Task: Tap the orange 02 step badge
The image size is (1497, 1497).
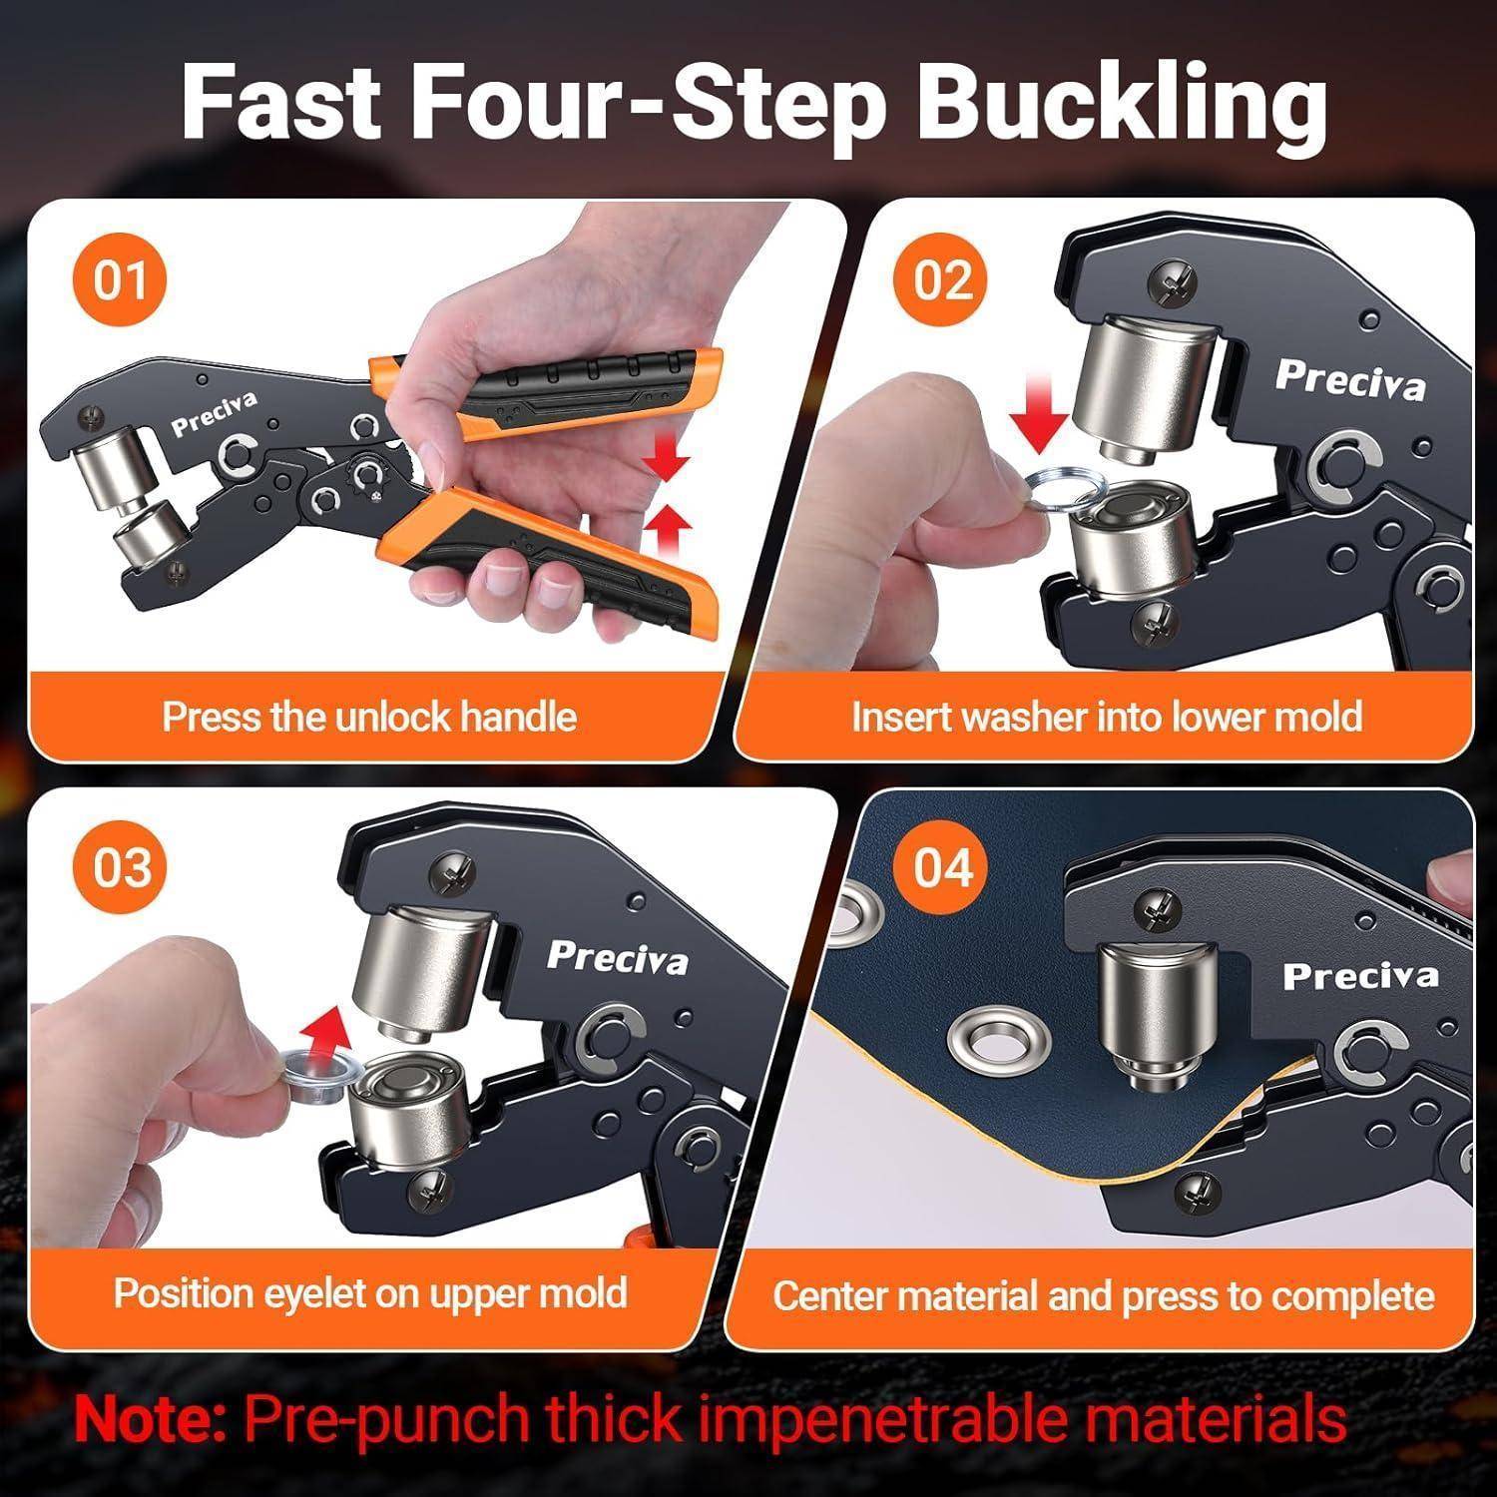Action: tap(943, 280)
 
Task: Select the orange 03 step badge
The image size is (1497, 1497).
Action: tap(122, 867)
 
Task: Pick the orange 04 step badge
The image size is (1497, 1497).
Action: tap(943, 867)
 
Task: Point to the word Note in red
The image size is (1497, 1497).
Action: tap(151, 1418)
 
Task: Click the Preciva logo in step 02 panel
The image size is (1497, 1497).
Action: tap(1350, 380)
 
